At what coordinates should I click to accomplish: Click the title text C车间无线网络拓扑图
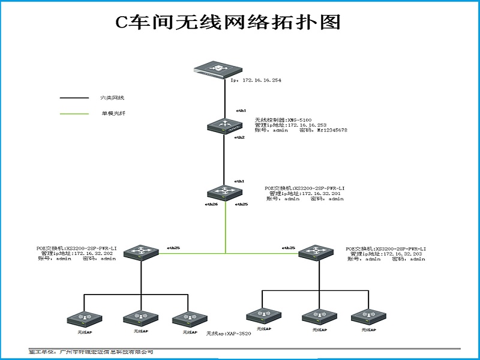pos(227,22)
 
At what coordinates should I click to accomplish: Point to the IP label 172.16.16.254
pos(256,79)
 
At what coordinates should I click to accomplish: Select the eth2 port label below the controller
pos(239,137)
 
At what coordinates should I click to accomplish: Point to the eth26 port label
pos(211,205)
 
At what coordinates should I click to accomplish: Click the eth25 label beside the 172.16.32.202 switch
pos(173,247)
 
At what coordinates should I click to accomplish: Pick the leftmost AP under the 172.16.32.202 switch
pos(84,319)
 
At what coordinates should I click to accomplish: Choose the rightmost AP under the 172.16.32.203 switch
pos(367,317)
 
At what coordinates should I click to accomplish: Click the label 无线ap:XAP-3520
pos(229,333)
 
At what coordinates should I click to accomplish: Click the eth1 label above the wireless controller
pos(241,111)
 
